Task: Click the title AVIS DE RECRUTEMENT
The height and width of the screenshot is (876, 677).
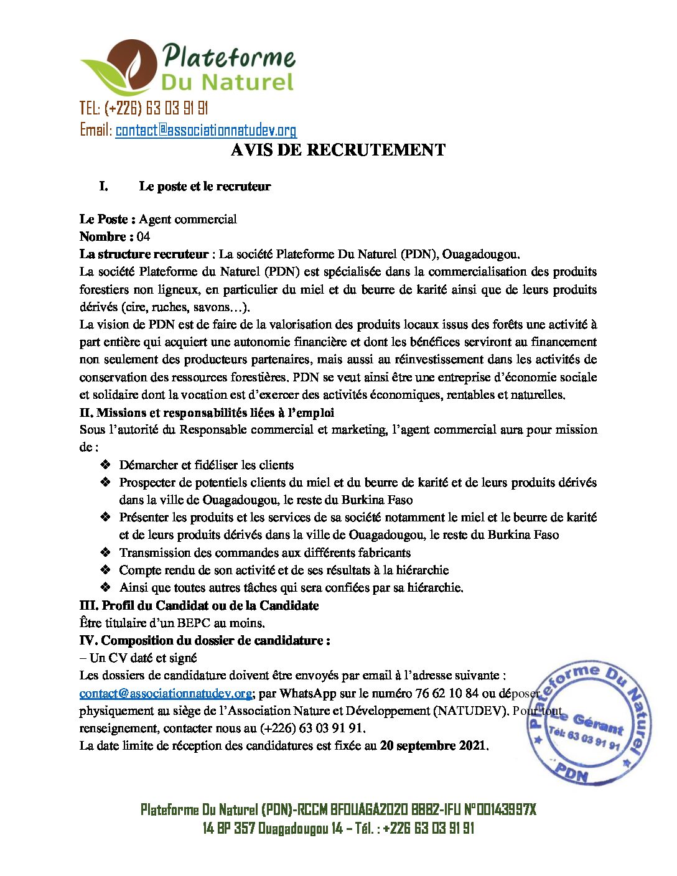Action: [338, 150]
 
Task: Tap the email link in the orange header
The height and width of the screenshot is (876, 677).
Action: [206, 130]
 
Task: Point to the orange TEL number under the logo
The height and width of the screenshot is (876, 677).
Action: [144, 108]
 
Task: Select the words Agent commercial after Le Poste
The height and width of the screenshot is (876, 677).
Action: [188, 219]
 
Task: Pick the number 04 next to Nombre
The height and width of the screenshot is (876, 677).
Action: [143, 236]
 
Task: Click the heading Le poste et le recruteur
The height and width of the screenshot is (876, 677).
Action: [205, 186]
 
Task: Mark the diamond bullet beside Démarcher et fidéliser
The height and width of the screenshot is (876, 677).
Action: [106, 465]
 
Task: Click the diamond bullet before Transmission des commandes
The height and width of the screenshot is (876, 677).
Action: [106, 552]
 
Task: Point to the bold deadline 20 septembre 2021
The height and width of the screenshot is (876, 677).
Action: [433, 745]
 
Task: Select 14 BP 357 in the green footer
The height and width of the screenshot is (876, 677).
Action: [228, 828]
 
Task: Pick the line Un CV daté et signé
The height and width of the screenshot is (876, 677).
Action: [142, 658]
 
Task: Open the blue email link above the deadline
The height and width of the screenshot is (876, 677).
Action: [166, 693]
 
